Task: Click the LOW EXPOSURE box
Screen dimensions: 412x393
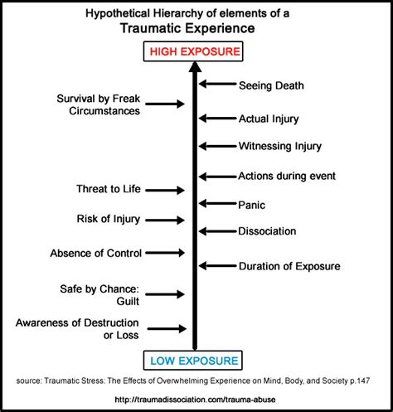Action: click(196, 360)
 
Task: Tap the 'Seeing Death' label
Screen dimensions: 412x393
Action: click(271, 85)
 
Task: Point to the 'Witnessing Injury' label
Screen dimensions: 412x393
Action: click(279, 147)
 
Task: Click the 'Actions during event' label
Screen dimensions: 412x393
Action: click(288, 176)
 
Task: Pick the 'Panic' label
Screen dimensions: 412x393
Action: click(252, 203)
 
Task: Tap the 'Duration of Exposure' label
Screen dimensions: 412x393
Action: click(289, 266)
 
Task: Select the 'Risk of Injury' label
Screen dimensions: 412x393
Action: click(108, 219)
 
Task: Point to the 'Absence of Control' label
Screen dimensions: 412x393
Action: click(95, 253)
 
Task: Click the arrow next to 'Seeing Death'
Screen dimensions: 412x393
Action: click(217, 84)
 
